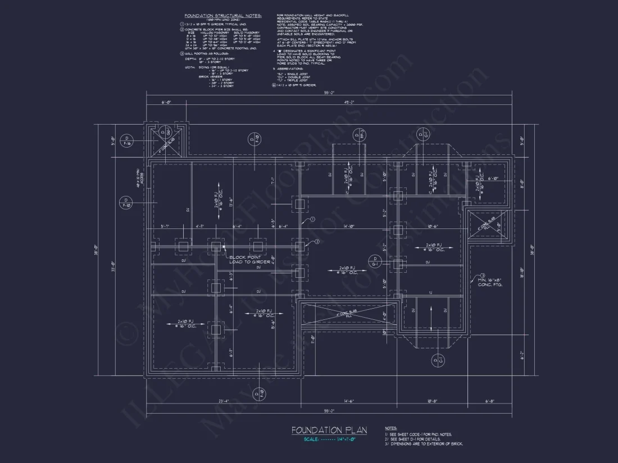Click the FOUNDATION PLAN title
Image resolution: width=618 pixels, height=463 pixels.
click(329, 430)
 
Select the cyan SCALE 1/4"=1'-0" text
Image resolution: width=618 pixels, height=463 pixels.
click(329, 439)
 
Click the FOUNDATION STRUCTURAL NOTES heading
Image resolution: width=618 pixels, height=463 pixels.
click(223, 16)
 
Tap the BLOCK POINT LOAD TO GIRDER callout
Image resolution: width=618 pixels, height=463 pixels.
click(249, 259)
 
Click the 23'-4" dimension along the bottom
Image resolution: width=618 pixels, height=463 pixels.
click(222, 401)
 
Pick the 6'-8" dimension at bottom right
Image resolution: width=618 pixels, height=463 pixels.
click(491, 401)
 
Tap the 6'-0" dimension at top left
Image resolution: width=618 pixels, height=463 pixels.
click(166, 102)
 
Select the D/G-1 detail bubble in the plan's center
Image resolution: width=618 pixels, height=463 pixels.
click(375, 261)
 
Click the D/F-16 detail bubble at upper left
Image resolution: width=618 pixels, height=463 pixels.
click(128, 140)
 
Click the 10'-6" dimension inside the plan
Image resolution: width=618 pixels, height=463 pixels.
click(432, 227)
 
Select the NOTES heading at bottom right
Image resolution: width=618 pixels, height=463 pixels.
click(392, 428)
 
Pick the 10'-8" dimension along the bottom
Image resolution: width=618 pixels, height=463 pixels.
click(432, 401)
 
